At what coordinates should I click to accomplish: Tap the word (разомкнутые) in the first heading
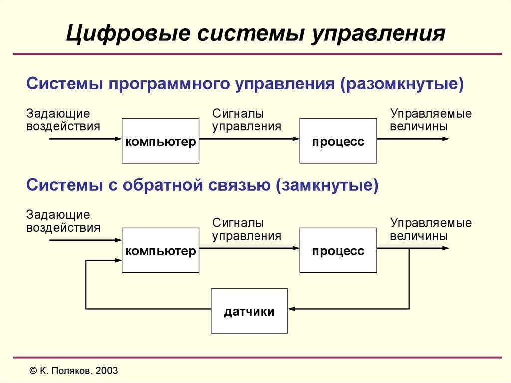[402, 84]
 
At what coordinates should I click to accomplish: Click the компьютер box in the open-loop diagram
[160, 141]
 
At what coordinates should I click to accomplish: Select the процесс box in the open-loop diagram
[338, 141]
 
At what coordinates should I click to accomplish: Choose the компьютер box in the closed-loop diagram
[160, 250]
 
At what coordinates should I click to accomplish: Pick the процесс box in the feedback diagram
[338, 250]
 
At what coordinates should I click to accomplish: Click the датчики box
[250, 311]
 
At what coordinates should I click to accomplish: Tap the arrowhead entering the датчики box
[291, 309]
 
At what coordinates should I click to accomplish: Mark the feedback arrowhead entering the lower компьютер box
[118, 260]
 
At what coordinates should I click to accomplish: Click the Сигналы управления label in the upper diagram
[247, 120]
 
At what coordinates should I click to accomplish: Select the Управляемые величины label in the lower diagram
[431, 229]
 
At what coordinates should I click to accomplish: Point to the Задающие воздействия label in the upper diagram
[63, 120]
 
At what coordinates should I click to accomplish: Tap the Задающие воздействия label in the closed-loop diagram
[63, 221]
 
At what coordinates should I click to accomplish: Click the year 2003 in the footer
[107, 371]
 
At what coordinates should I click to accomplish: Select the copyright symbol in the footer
[33, 371]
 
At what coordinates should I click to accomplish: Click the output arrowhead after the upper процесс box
[446, 139]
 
